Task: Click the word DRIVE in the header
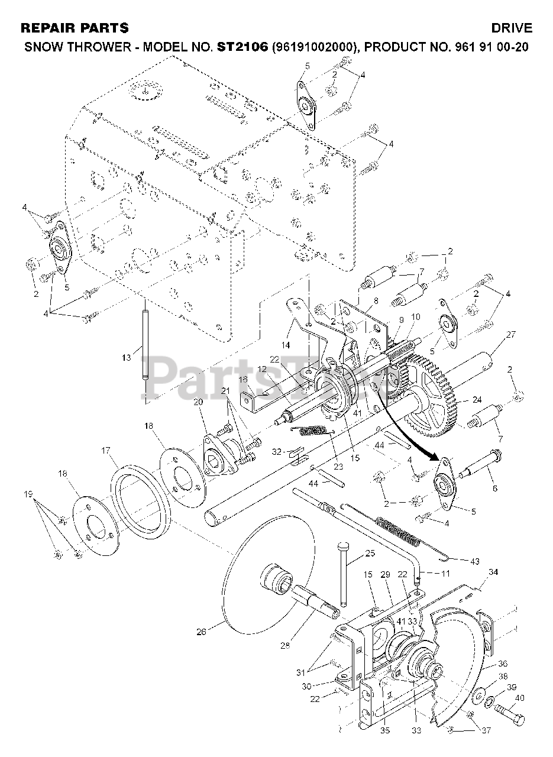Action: pyautogui.click(x=512, y=28)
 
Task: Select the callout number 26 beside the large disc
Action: pyautogui.click(x=201, y=632)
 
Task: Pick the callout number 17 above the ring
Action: pyautogui.click(x=105, y=451)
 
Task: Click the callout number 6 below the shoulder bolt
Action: pyautogui.click(x=494, y=488)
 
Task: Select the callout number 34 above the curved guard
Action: pyautogui.click(x=493, y=572)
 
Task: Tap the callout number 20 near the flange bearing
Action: pyautogui.click(x=198, y=402)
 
